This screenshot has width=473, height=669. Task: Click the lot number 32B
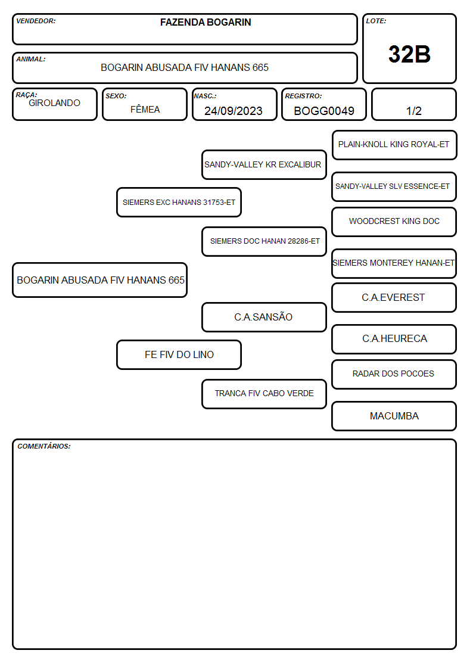pos(409,54)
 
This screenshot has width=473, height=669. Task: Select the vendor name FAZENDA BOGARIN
pos(206,22)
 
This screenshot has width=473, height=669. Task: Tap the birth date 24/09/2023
pos(234,111)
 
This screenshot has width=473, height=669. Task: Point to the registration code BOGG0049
pos(323,111)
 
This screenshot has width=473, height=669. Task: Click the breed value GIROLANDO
pos(54,103)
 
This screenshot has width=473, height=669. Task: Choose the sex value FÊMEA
pos(145,109)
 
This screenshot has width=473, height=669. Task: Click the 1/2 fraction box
pos(413,105)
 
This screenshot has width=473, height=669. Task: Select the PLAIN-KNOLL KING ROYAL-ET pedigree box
pos(394,145)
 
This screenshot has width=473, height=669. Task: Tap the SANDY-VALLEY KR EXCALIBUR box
pos(264,164)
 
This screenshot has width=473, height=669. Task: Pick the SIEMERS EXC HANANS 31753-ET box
pos(179,202)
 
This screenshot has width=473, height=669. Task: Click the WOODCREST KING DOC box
pos(394,222)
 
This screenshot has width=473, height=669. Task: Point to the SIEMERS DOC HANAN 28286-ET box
pos(264,241)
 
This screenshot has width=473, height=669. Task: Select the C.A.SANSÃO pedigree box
pos(264,317)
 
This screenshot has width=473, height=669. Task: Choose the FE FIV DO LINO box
pos(179,354)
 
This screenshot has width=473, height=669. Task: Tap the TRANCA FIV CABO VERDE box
pos(264,394)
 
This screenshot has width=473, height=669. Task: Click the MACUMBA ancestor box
pos(394,416)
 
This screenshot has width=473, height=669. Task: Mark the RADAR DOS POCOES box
pos(394,374)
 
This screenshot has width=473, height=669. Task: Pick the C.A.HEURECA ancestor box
pos(394,339)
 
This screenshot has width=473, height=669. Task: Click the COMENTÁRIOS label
pos(44,446)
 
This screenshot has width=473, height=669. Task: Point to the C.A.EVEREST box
pos(394,297)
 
